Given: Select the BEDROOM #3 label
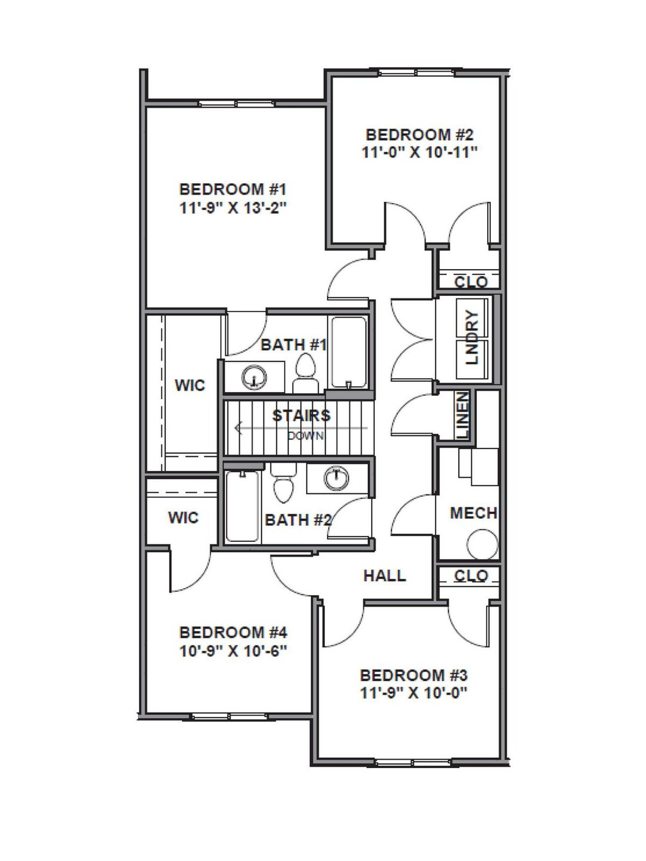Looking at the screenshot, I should (413, 675).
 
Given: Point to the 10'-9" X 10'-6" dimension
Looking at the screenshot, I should (233, 651).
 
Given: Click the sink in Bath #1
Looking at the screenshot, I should (255, 377).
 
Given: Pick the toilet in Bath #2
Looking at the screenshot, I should (282, 487).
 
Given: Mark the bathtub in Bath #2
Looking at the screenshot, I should (243, 507).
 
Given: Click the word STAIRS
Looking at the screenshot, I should (301, 416).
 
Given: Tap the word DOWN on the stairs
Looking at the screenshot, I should (306, 436).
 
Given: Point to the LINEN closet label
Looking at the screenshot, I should (463, 416).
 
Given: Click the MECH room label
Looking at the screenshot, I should (474, 513).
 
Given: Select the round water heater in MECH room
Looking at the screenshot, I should (483, 545).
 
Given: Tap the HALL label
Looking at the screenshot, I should (385, 575).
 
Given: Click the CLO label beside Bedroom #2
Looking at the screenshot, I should (471, 282).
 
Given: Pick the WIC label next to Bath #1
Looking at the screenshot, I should (190, 385).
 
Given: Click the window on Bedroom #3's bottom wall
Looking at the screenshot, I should (413, 762).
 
